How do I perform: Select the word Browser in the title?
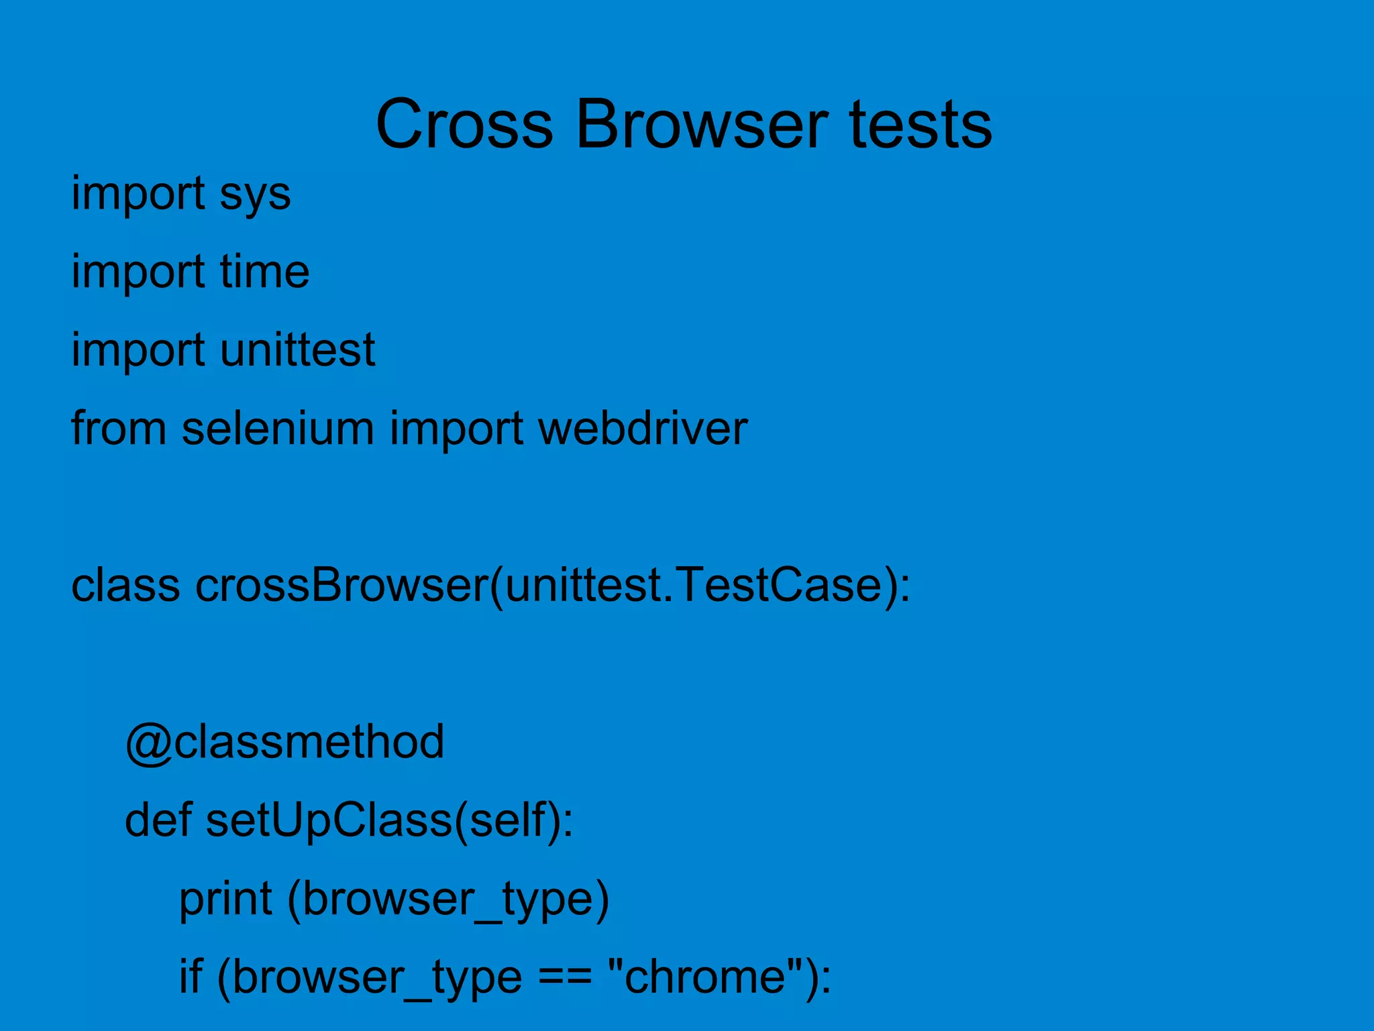click(701, 125)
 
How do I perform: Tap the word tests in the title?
click(920, 125)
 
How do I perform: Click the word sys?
click(255, 195)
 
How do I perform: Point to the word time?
click(264, 272)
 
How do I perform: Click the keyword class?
click(125, 585)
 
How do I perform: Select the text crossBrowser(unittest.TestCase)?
click(553, 585)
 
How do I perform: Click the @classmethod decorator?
click(284, 742)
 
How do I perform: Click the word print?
click(225, 899)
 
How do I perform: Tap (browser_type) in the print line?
click(448, 899)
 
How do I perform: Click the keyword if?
click(191, 977)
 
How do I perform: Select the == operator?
click(564, 977)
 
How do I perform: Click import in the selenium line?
click(456, 428)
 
